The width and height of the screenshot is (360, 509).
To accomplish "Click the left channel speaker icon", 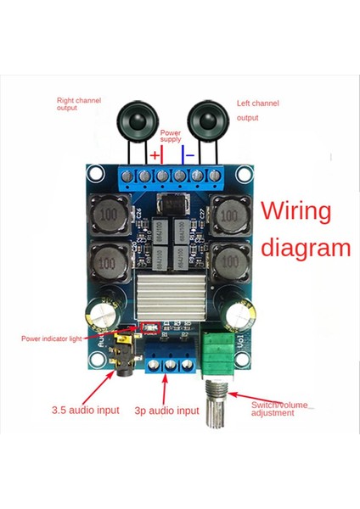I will pyautogui.click(x=206, y=117).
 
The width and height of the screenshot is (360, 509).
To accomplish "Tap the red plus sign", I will pyautogui.click(x=155, y=156).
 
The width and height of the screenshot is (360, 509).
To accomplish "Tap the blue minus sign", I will pyautogui.click(x=191, y=156).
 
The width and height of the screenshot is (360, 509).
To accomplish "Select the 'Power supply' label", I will pyautogui.click(x=171, y=137).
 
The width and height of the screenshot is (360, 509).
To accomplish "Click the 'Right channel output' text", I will pyautogui.click(x=78, y=104).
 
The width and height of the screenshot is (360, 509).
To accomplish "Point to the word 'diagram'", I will pyautogui.click(x=305, y=249).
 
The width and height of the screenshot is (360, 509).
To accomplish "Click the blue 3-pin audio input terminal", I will pyautogui.click(x=171, y=360).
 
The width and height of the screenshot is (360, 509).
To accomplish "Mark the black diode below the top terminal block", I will pyautogui.click(x=172, y=204).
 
